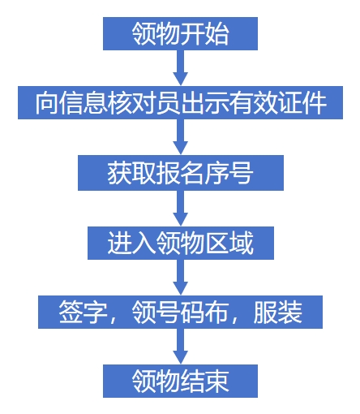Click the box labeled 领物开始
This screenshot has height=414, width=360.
pos(180,33)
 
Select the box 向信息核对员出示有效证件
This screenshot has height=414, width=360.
pos(180,102)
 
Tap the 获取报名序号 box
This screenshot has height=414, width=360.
pos(181,173)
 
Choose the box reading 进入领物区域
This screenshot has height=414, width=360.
pos(181,243)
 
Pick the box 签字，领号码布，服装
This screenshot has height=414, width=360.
pos(180,312)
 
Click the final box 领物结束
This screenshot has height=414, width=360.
pos(180,381)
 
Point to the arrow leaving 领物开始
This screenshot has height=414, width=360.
pos(180,68)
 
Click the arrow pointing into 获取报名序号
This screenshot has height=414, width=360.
pos(180,137)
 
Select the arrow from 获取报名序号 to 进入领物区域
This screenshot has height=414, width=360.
pos(180,209)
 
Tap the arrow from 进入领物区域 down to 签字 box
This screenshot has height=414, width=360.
pos(180,278)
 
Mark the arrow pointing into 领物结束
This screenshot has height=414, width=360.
pos(180,347)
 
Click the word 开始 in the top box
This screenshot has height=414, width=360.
pos(205,34)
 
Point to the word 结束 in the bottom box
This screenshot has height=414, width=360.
pos(205,382)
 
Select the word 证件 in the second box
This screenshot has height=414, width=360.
pos(302,103)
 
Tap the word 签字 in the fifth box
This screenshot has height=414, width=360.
pos(84,313)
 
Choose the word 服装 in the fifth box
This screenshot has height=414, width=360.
pos(278,313)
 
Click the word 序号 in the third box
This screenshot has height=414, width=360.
pos(229,173)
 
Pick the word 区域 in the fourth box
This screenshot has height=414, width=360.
pos(229,243)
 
